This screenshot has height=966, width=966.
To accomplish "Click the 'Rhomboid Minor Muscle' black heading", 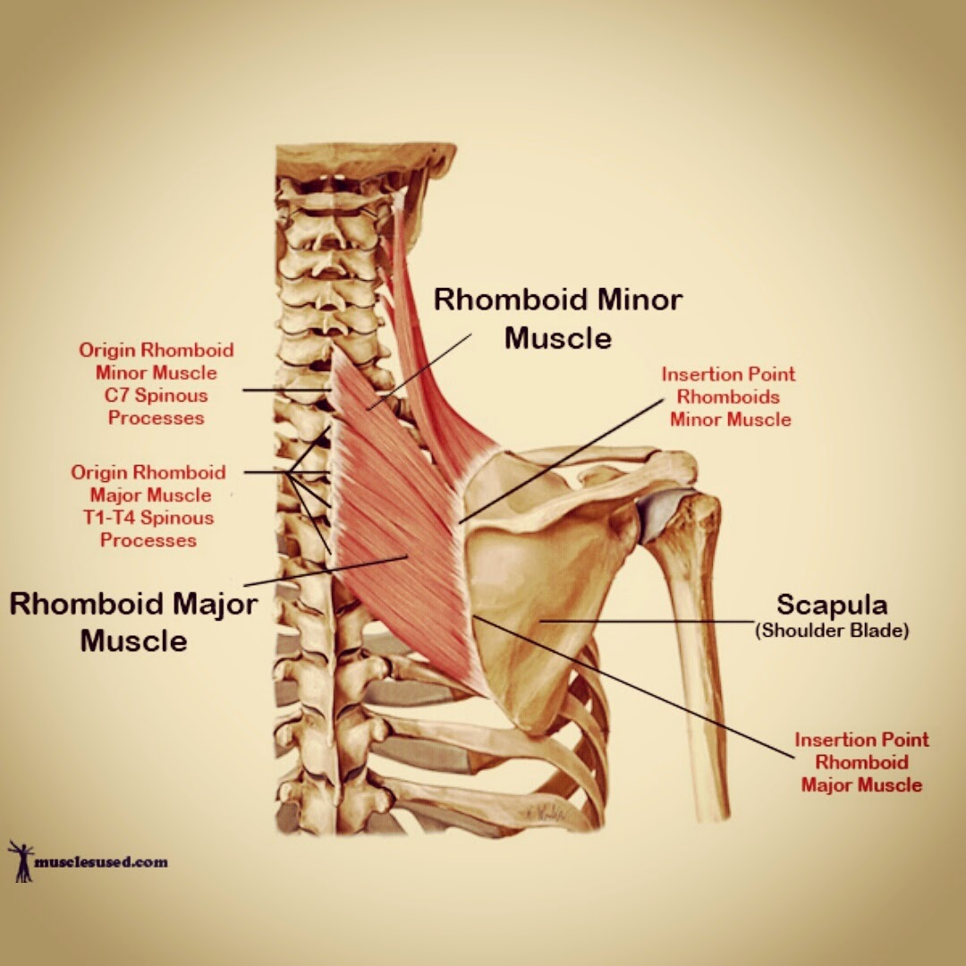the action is pyautogui.click(x=558, y=318).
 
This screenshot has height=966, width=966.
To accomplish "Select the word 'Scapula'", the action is pyautogui.click(x=831, y=606).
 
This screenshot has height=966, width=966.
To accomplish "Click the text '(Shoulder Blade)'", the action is pyautogui.click(x=832, y=631).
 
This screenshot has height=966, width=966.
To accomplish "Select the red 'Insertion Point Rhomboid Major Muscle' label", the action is pyautogui.click(x=861, y=762).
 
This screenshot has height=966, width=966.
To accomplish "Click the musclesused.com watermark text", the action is pyautogui.click(x=101, y=862).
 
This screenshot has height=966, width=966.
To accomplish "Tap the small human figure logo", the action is pyautogui.click(x=20, y=860).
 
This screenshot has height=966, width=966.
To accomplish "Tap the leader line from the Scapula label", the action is pyautogui.click(x=644, y=619).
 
